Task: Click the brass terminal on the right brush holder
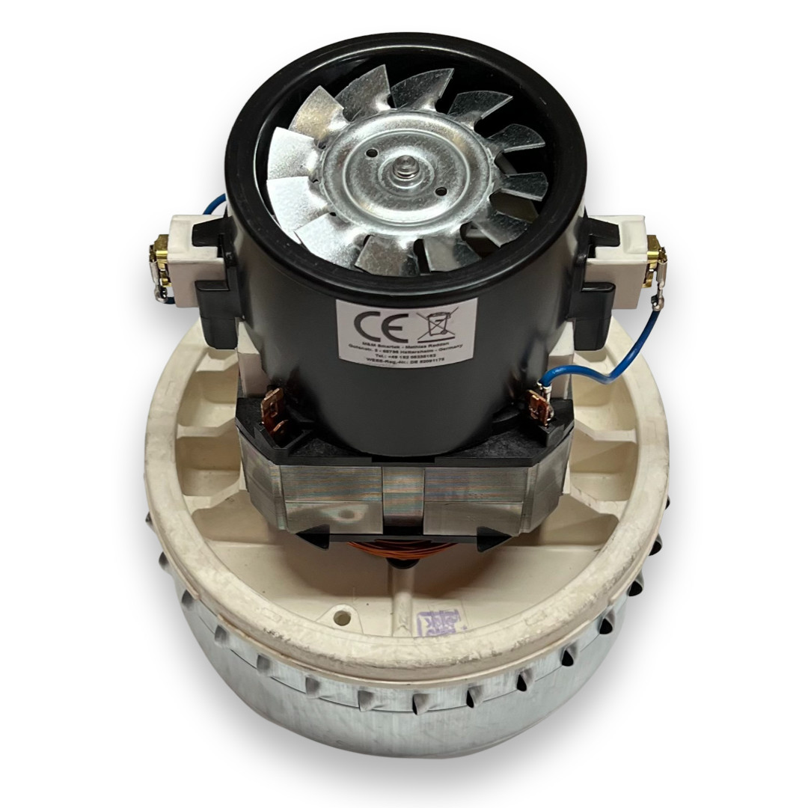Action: tap(658, 254)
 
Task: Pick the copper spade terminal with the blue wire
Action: tap(540, 405)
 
